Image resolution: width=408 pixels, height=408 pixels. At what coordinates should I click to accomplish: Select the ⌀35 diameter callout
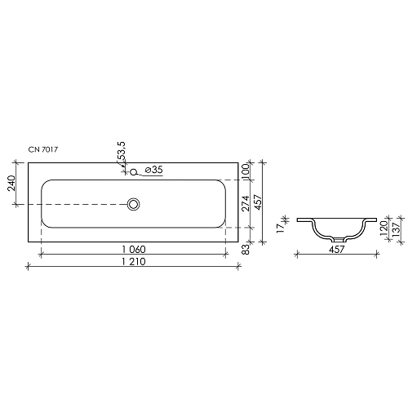point(153,170)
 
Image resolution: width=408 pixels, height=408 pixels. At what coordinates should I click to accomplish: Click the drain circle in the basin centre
point(134,203)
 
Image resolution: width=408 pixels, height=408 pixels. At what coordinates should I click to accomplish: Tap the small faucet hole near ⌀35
point(134,171)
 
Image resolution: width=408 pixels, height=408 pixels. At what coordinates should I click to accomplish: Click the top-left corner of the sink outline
point(28,162)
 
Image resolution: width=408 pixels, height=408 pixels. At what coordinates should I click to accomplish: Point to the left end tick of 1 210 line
point(28,265)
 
